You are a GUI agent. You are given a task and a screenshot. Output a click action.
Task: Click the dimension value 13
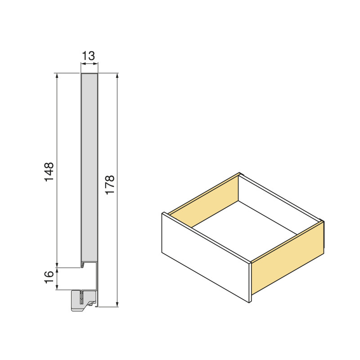click(89, 56)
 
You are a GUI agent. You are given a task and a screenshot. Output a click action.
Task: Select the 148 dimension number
click(49, 171)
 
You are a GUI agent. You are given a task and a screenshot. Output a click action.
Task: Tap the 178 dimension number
click(110, 184)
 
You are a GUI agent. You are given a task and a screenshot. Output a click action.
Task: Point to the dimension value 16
click(49, 279)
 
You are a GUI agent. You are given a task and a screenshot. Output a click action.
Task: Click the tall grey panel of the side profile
click(90, 166)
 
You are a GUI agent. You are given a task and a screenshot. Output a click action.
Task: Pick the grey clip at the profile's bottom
click(83, 301)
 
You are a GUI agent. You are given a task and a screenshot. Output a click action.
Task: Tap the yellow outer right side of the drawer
click(288, 261)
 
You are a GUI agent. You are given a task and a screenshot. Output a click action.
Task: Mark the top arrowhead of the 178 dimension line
click(117, 76)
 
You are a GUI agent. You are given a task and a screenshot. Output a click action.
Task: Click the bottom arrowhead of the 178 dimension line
click(117, 304)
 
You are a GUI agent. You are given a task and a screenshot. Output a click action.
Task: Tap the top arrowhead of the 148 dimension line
click(57, 76)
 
